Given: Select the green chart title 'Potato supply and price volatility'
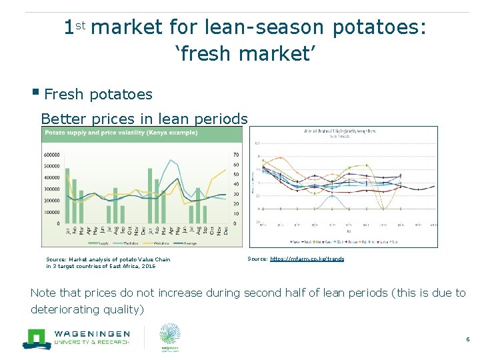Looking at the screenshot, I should (121, 133).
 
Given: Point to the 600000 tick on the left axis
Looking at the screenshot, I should (52, 155).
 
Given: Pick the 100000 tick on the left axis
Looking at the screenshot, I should (52, 212).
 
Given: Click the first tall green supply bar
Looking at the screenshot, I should (67, 196).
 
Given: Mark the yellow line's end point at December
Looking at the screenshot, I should (227, 170).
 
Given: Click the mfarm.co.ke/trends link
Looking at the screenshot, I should (307, 259).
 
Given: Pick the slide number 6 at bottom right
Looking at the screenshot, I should (467, 340).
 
